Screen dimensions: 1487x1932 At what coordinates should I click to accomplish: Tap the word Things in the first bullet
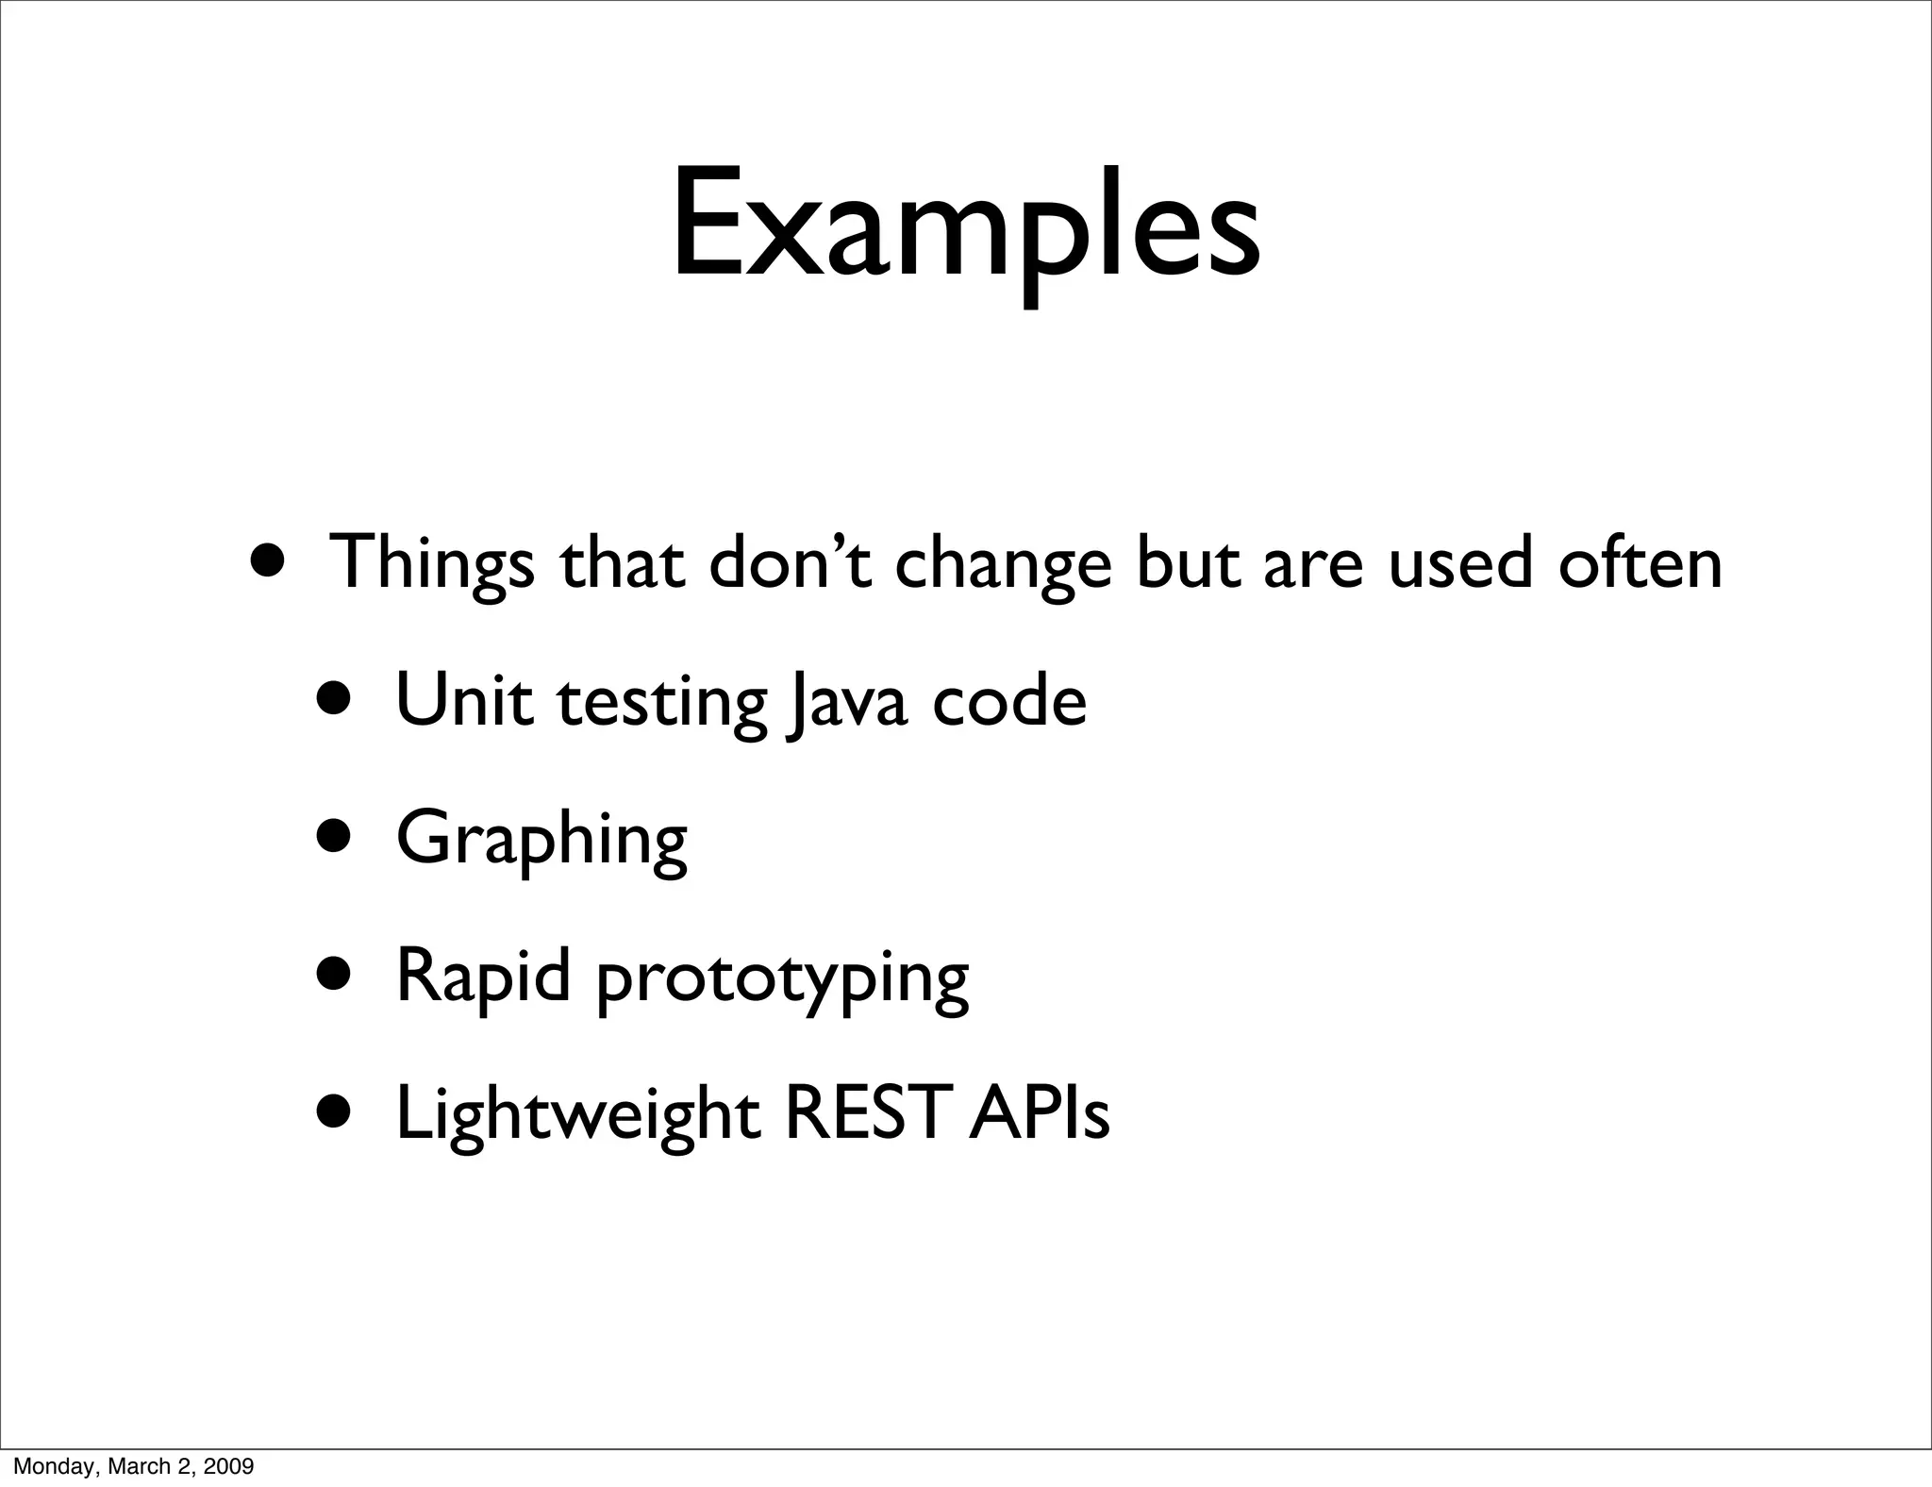coord(430,563)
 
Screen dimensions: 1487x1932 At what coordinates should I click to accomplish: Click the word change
coord(1003,563)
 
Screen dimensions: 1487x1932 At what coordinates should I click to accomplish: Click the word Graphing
coord(541,840)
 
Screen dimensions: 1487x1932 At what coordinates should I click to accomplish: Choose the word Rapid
coord(483,977)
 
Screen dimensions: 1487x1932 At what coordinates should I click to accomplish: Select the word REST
coord(861,1114)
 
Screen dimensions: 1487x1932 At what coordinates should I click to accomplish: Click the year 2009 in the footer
coord(231,1466)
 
